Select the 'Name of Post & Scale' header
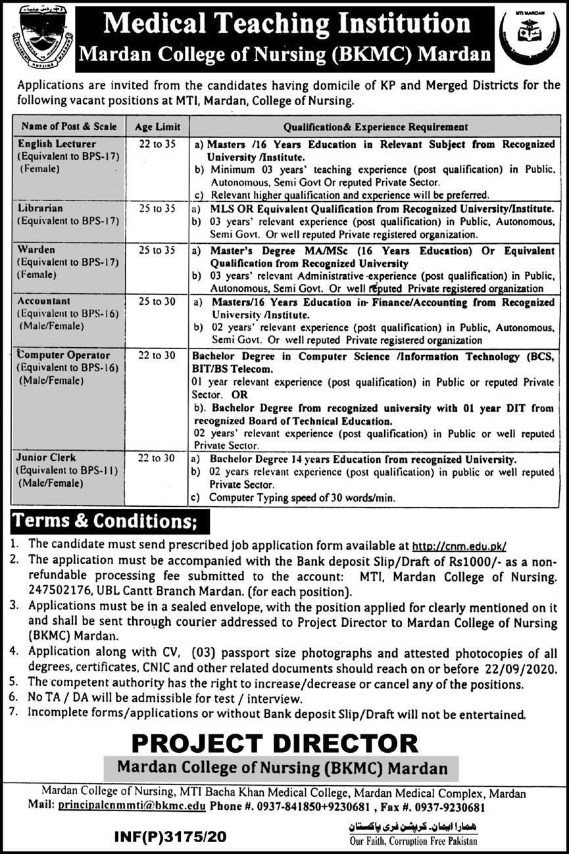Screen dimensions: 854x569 pyautogui.click(x=69, y=127)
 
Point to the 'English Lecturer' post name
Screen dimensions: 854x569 pyautogui.click(x=58, y=143)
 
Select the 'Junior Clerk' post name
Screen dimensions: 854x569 pyautogui.click(x=48, y=458)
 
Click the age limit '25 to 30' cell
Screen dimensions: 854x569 pyautogui.click(x=155, y=302)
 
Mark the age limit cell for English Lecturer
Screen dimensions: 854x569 pyautogui.click(x=155, y=144)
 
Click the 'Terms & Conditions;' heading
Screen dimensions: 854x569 pyautogui.click(x=109, y=521)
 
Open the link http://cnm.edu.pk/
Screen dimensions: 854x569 pyautogui.click(x=460, y=546)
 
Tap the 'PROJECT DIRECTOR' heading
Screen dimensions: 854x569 pyautogui.click(x=274, y=743)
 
